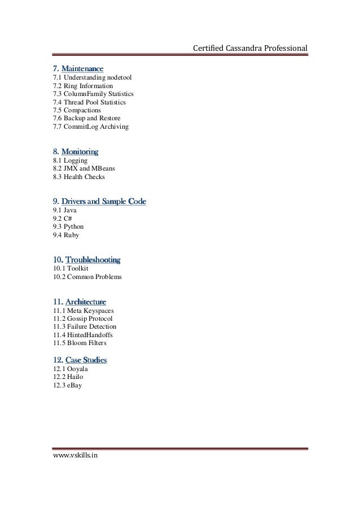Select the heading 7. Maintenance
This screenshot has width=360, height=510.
[78, 68]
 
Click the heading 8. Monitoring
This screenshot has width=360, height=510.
[76, 151]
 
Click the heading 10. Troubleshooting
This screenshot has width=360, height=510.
[86, 260]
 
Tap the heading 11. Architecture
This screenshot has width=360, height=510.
[79, 301]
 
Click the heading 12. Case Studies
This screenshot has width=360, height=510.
[80, 359]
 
